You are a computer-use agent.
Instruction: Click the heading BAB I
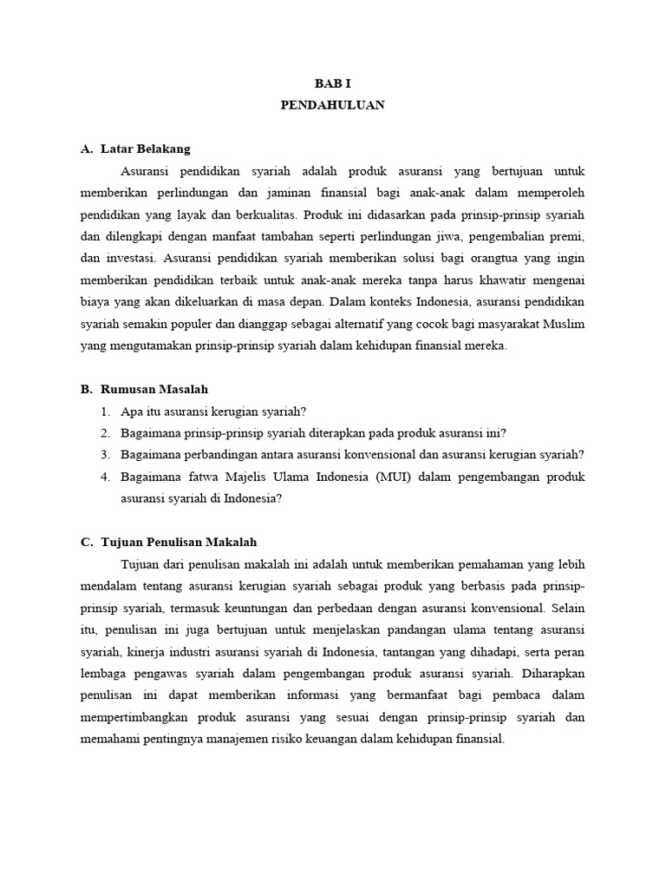(x=332, y=82)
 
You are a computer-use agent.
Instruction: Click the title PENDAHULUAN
(x=332, y=105)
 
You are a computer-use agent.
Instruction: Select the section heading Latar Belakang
(x=145, y=149)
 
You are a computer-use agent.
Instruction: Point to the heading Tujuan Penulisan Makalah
(x=179, y=542)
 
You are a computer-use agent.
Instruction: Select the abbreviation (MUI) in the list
(x=395, y=477)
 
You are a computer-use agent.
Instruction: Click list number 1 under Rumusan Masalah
(x=105, y=411)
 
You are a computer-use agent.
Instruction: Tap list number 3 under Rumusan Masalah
(x=105, y=454)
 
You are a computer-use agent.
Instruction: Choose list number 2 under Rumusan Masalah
(x=105, y=432)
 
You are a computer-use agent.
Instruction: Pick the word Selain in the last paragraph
(x=567, y=607)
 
